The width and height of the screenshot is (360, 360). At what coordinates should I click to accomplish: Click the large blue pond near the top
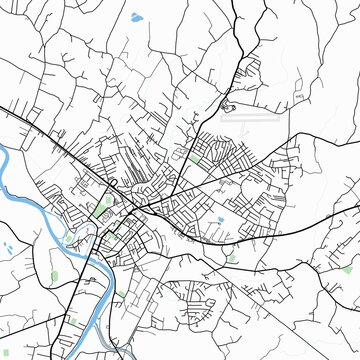(136, 16)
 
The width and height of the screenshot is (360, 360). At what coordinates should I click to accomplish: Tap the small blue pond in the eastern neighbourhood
(220, 219)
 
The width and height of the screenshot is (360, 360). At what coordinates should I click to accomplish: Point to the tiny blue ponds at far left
(8, 246)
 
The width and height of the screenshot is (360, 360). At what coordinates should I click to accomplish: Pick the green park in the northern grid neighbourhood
(194, 156)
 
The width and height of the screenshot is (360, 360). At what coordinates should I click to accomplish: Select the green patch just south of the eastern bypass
(232, 257)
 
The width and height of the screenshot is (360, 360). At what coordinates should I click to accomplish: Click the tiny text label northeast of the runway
(298, 96)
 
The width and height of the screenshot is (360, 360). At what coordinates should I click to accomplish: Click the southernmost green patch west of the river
(72, 321)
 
